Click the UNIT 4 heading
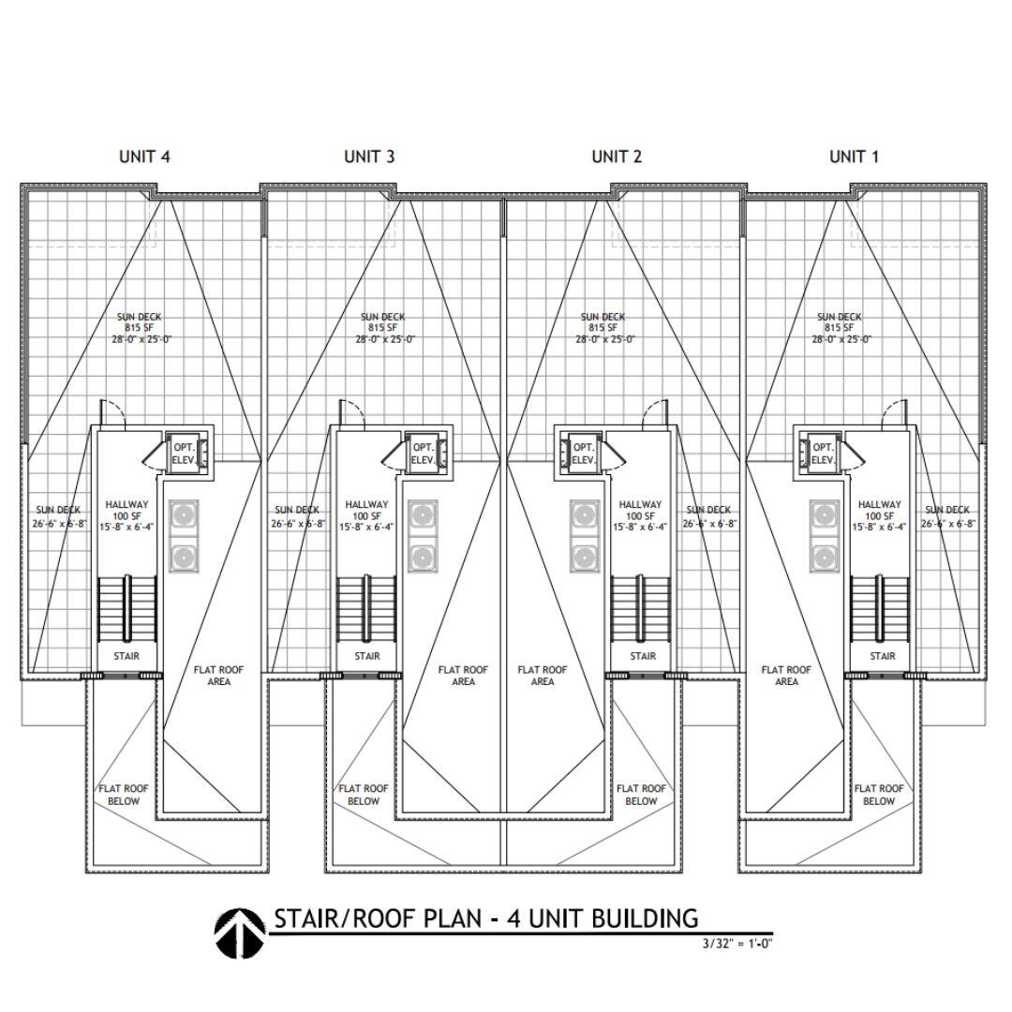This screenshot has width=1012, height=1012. pyautogui.click(x=144, y=156)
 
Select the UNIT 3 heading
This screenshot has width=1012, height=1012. pyautogui.click(x=369, y=156)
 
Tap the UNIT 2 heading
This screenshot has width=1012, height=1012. pyautogui.click(x=617, y=156)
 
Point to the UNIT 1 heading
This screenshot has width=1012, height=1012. pyautogui.click(x=854, y=156)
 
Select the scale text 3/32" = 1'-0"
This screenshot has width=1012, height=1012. pyautogui.click(x=737, y=943)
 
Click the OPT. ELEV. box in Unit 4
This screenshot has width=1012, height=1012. pyautogui.click(x=187, y=453)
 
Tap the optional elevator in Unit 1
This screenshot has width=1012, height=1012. pyautogui.click(x=820, y=453)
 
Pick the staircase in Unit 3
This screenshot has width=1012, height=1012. pyautogui.click(x=366, y=609)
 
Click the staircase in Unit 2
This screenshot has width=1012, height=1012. pyautogui.click(x=641, y=609)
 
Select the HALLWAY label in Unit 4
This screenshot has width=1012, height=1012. pyautogui.click(x=127, y=505)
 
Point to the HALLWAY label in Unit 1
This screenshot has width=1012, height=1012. pyautogui.click(x=879, y=505)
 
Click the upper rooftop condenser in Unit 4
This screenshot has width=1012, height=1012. pyautogui.click(x=184, y=515)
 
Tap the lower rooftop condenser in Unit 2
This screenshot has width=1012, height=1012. pyautogui.click(x=585, y=558)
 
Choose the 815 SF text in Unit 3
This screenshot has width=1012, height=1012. pyautogui.click(x=382, y=328)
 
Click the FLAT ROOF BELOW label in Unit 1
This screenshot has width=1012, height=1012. pyautogui.click(x=879, y=795)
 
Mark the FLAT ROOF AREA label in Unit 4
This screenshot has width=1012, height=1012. pyautogui.click(x=218, y=676)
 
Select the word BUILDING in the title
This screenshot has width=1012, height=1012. pyautogui.click(x=645, y=917)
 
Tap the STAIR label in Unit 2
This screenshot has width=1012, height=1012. pyautogui.click(x=643, y=656)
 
